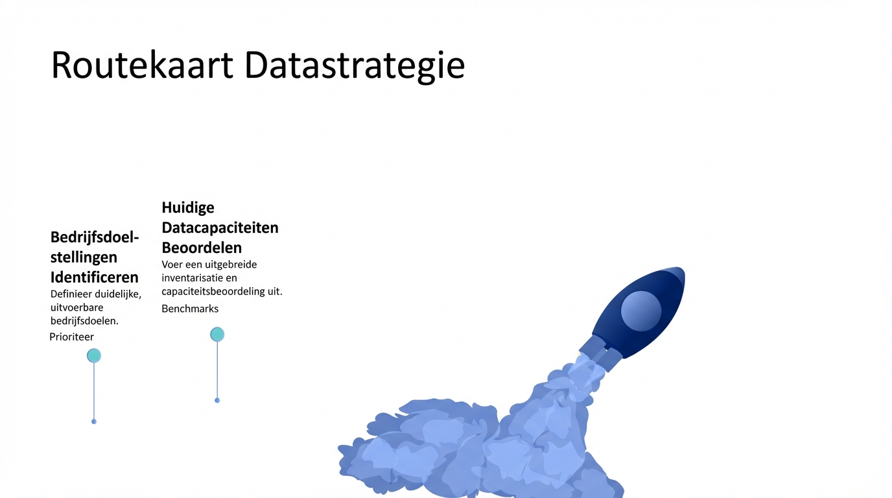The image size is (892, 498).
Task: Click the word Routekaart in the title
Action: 142,65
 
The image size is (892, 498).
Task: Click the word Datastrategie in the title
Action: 355,67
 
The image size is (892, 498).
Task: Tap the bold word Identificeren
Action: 95,277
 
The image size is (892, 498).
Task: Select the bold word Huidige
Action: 188,207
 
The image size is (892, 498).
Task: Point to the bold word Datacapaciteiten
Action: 220,228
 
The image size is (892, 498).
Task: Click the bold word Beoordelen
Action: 202,248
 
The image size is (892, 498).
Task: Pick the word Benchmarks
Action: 190,309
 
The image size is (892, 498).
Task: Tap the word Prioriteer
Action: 72,337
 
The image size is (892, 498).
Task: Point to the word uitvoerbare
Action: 77,307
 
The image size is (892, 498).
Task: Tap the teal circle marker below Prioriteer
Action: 94,355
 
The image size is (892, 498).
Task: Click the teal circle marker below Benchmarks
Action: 217,334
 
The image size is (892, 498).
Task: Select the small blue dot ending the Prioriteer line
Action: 94,421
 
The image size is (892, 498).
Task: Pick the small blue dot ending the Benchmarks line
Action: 217,400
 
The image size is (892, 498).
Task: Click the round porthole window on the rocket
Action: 641,311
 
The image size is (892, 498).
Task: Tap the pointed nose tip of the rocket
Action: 683,269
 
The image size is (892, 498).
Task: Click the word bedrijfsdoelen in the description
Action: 84,321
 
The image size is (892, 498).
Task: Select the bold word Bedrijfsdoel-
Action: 95,237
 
